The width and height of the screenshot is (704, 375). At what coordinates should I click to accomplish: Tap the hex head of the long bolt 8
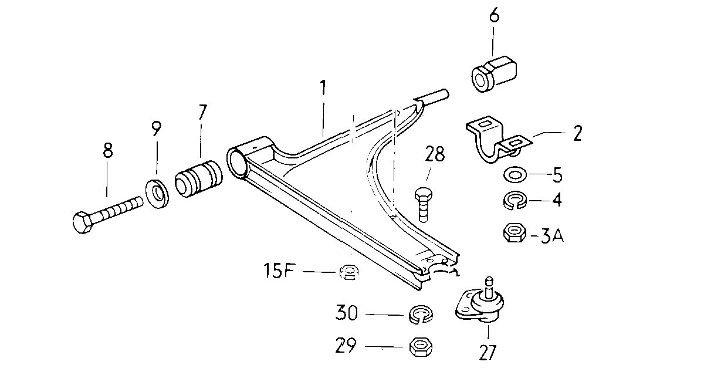point(83,222)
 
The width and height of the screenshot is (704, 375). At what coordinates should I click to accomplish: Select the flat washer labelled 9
point(157,193)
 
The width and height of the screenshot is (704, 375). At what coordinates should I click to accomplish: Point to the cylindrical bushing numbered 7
point(199,178)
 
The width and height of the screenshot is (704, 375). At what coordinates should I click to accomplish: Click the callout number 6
point(495,15)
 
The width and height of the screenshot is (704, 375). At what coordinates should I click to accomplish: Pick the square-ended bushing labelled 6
point(495,74)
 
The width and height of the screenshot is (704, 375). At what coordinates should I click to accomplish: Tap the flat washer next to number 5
point(515,174)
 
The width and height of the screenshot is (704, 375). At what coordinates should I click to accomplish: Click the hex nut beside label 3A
point(515,232)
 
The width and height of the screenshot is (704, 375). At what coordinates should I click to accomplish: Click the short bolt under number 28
point(423,205)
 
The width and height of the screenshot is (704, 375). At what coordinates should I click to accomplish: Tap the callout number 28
point(435,154)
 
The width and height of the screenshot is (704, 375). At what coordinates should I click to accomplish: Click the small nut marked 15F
point(349,272)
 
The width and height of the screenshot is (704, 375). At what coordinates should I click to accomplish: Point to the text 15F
point(279,271)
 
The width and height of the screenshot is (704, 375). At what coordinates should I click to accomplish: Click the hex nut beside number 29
point(421,347)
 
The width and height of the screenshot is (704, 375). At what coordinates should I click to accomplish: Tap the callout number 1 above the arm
point(323,88)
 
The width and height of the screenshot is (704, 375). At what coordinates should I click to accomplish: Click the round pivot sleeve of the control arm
point(238,163)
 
